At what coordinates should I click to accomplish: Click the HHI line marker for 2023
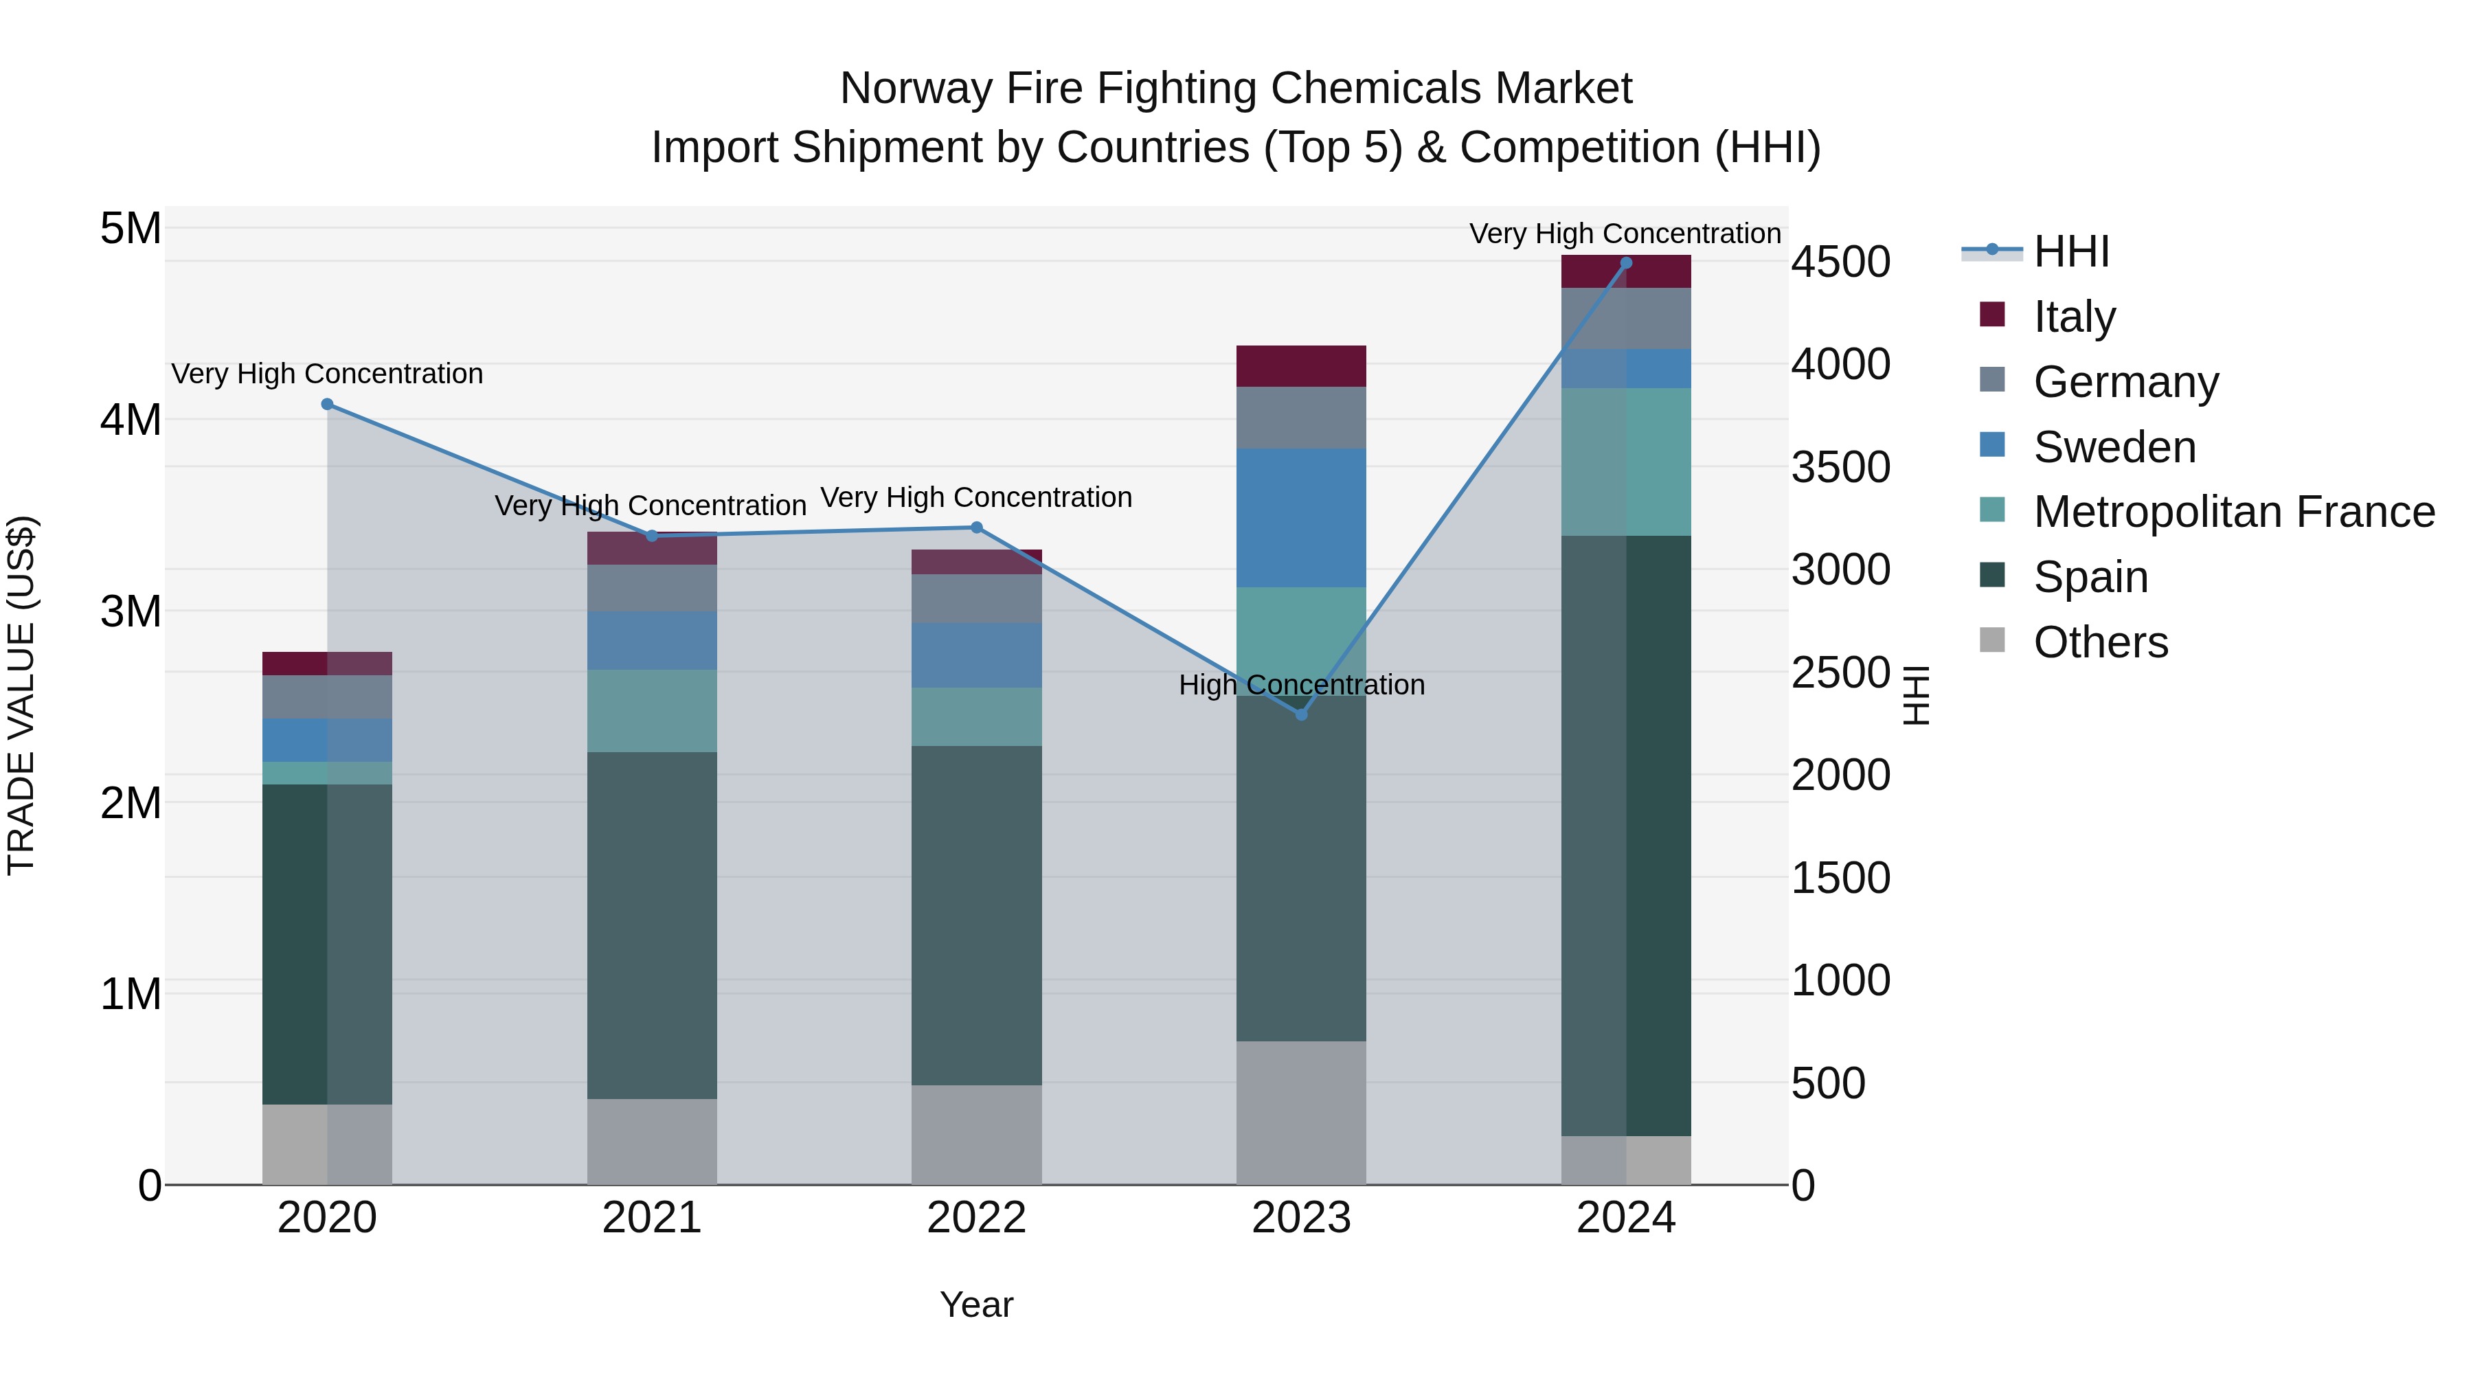click(x=1301, y=714)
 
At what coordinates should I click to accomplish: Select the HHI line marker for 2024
click(x=1625, y=263)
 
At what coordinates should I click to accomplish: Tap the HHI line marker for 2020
click(x=328, y=404)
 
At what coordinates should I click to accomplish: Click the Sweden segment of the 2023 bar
click(x=1301, y=517)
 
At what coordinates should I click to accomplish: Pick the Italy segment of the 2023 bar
click(x=1301, y=365)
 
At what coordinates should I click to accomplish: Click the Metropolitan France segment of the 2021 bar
click(x=652, y=710)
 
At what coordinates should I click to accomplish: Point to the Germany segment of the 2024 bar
click(x=1625, y=318)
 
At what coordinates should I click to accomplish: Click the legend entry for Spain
click(x=2090, y=577)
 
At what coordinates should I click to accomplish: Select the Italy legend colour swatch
click(x=1992, y=315)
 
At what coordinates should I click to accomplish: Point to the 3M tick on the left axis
click(x=131, y=611)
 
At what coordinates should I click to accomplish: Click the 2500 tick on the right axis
click(x=1840, y=673)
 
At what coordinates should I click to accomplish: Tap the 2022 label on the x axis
click(x=976, y=1218)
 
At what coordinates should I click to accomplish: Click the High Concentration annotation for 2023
click(x=1301, y=684)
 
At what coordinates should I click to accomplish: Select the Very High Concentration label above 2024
click(x=1625, y=234)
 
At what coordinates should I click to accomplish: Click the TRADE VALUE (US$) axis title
click(x=21, y=695)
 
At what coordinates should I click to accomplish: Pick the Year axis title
click(x=976, y=1304)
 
